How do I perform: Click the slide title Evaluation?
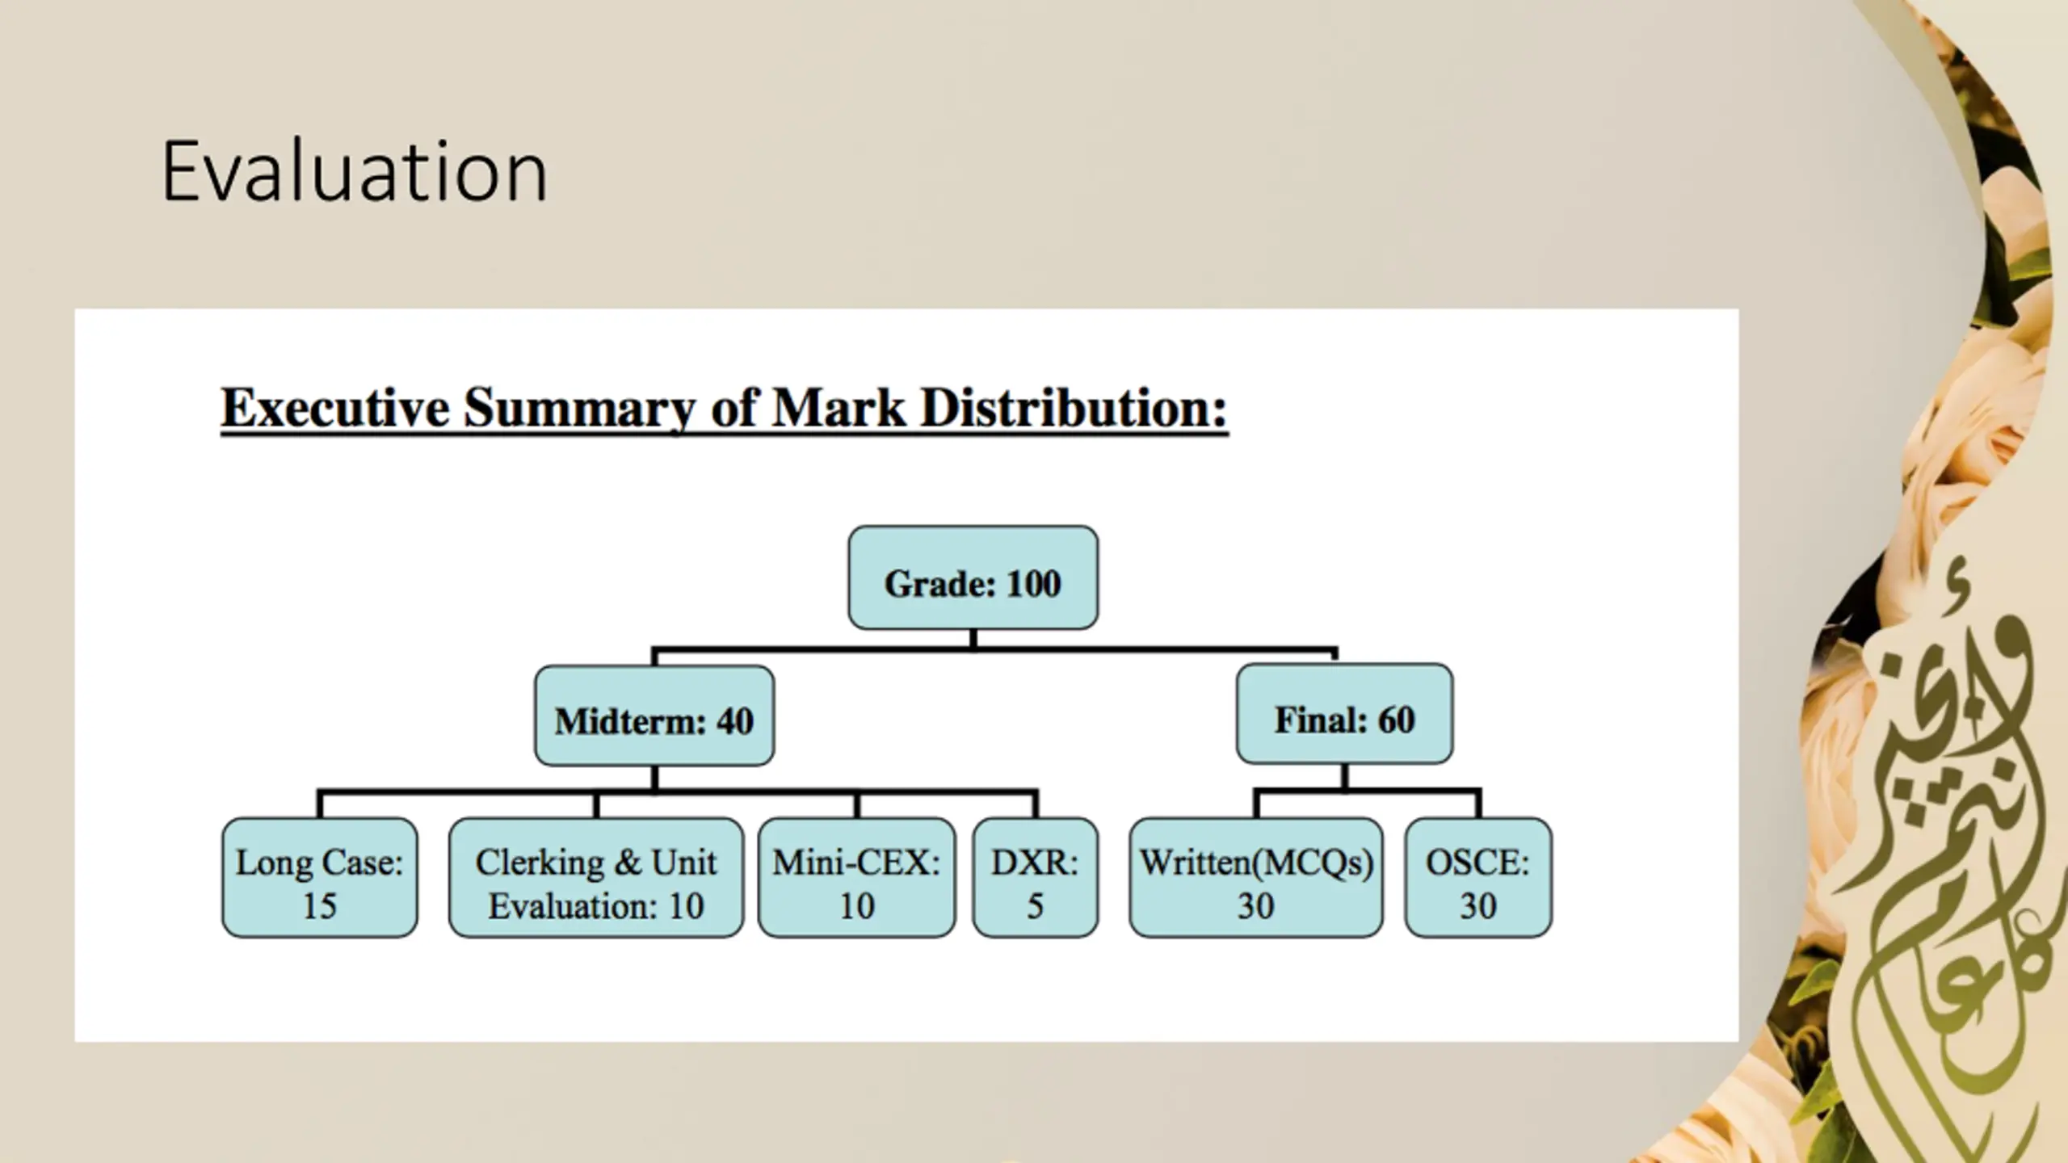354,172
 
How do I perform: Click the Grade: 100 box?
973,578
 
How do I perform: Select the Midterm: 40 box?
654,716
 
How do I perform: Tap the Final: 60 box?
1344,715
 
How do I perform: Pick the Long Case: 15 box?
320,878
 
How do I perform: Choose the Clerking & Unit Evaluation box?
596,878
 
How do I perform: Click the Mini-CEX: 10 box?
856,878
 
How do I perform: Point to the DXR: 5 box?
1035,878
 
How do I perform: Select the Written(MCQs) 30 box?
1255,878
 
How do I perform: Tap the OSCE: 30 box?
1477,878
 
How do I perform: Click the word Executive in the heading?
335,408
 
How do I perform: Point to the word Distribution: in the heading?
1074,408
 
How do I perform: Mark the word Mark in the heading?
838,408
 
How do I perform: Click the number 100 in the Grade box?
1033,584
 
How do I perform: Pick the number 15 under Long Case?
320,906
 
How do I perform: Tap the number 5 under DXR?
1035,906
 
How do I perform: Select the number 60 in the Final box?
1396,720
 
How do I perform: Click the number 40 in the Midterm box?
734,721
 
